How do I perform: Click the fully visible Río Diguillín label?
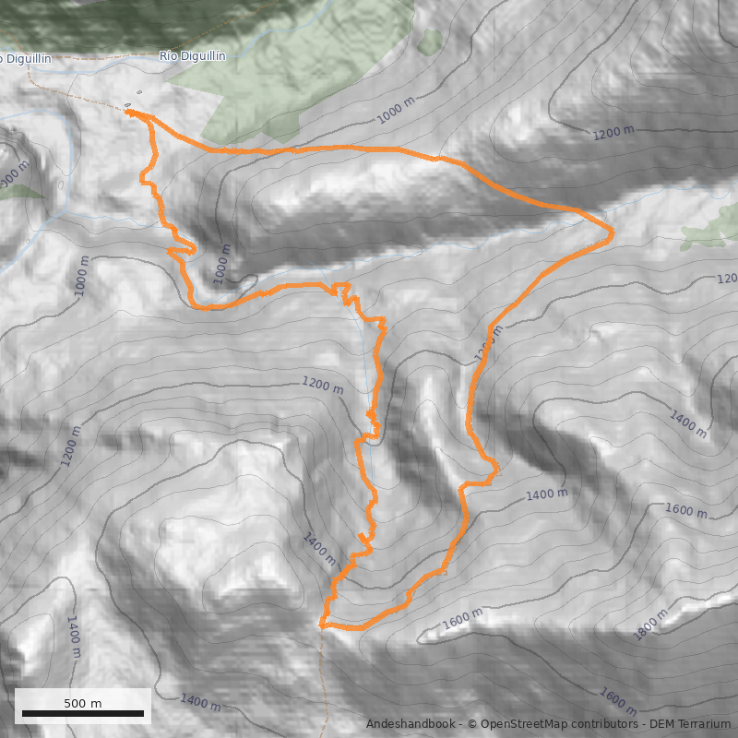193,56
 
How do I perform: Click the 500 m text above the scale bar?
83,703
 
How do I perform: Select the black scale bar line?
83,714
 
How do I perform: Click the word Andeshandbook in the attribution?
410,724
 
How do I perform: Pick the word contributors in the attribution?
605,724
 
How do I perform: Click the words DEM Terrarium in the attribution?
689,724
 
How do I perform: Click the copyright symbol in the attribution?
470,724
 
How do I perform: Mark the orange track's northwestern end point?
130,112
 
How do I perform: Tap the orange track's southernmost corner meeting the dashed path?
322,625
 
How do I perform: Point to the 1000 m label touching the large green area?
397,111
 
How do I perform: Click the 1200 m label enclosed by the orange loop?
322,386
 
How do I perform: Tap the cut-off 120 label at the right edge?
728,279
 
